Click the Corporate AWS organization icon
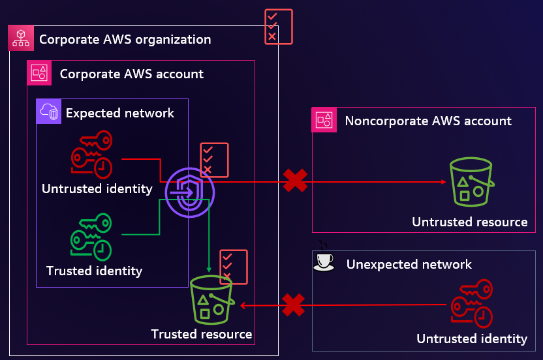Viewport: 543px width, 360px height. pos(20,38)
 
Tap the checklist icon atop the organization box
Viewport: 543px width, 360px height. pos(279,27)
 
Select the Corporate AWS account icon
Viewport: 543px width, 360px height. pos(39,73)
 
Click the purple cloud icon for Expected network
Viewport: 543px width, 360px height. pos(49,112)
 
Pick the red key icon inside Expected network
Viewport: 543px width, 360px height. pos(91,154)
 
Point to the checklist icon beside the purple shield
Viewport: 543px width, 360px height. pos(214,160)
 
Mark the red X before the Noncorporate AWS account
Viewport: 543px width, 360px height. pos(295,180)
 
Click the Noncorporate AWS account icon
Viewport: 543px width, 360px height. pos(324,120)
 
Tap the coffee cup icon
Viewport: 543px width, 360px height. pos(324,262)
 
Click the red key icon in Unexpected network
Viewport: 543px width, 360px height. pos(473,303)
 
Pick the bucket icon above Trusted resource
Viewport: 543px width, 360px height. pos(211,300)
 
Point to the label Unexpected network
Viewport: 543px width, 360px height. pos(409,264)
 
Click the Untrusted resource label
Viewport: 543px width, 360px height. pos(469,222)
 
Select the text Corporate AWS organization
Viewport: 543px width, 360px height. pos(125,39)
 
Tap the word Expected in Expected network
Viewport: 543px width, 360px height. pos(90,113)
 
